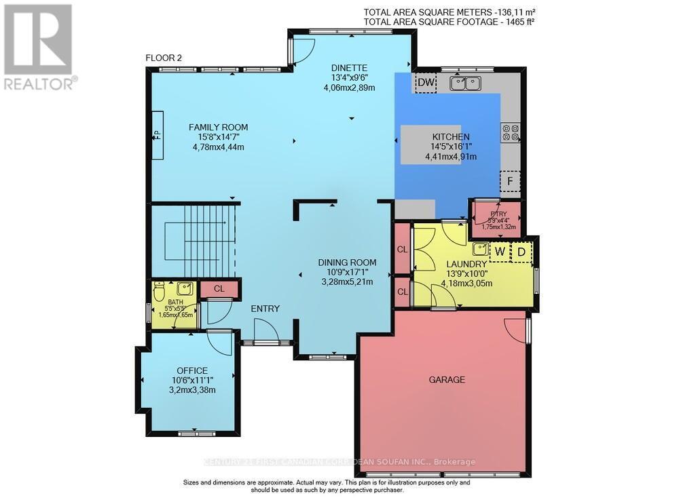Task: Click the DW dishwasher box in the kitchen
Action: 426,83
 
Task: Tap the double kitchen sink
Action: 464,83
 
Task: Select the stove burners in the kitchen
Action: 510,132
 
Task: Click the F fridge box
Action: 509,182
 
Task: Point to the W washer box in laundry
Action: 499,252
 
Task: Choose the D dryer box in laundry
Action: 521,252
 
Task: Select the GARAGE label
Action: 446,380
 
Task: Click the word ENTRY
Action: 265,309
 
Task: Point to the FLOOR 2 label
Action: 164,58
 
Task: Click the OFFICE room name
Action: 191,370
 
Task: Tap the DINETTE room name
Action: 349,67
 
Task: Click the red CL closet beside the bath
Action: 219,289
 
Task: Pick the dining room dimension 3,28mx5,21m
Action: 347,282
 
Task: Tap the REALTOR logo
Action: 39,47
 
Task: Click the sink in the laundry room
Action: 480,248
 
